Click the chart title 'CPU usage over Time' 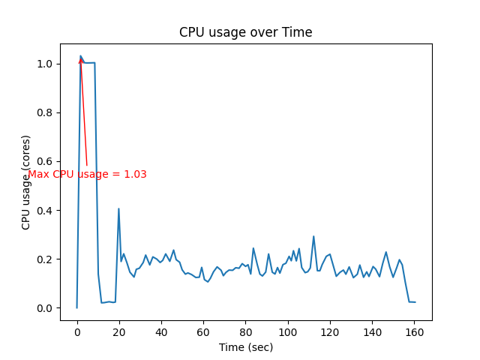tap(245, 33)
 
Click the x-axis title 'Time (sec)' tap(245, 347)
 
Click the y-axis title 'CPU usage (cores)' tap(26, 182)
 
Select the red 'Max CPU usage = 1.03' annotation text tap(87, 174)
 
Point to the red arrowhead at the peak tap(81, 59)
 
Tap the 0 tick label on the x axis tap(77, 331)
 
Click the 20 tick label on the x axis tap(119, 331)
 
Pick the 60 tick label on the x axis tap(203, 331)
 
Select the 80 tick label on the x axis tap(245, 331)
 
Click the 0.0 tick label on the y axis tap(45, 308)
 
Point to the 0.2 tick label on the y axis tap(45, 259)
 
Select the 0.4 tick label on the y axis tap(45, 211)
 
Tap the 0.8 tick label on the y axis tap(45, 112)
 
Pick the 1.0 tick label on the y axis tap(45, 64)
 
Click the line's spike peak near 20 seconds tap(118, 208)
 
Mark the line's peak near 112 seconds tap(313, 236)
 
